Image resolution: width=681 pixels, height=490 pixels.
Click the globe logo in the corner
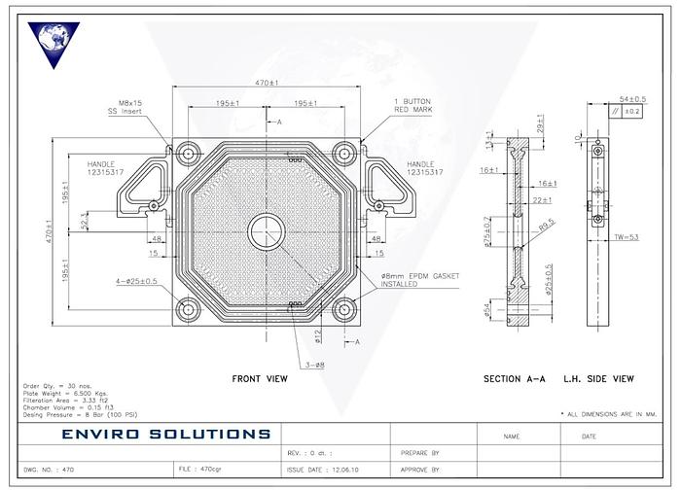pos(54,46)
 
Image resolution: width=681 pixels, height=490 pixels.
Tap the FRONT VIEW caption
pos(260,378)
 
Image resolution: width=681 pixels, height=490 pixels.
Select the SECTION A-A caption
pos(515,378)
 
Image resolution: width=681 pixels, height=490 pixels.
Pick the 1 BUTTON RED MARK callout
pos(413,105)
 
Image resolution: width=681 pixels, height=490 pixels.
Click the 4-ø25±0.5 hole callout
pos(136,282)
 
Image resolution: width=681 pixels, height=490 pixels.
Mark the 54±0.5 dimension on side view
pos(632,99)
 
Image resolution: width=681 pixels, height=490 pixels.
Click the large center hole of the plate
pos(266,231)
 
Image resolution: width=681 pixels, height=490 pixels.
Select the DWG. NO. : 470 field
pos(51,469)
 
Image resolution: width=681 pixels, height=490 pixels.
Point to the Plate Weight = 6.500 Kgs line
pos(60,393)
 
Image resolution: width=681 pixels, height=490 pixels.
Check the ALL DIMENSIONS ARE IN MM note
pos(610,414)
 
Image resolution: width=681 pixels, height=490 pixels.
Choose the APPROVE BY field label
pos(421,469)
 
